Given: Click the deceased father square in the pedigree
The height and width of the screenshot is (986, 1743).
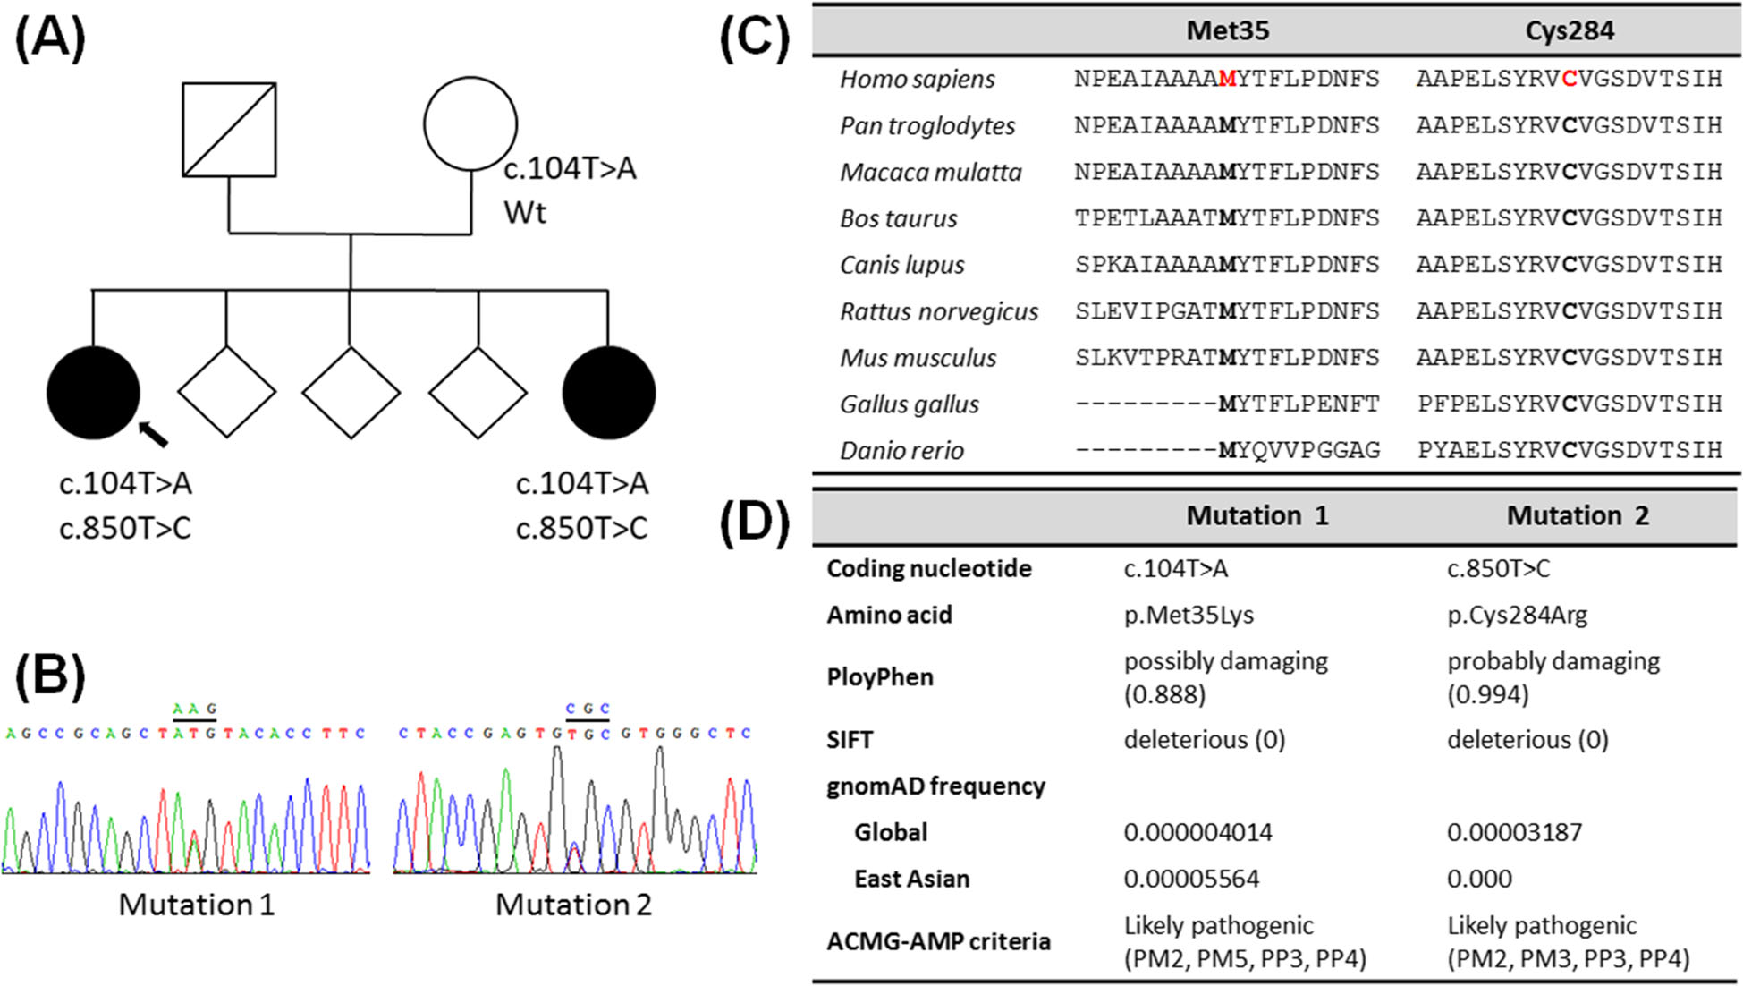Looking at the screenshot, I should pos(229,130).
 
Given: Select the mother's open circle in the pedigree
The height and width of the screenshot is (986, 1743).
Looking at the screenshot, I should pos(470,124).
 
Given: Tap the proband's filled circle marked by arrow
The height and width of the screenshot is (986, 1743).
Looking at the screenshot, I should pos(93,393).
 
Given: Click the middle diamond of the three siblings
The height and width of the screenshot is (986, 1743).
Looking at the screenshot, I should pos(351,393).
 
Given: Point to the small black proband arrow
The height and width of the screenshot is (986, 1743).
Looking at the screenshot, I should pos(153,434).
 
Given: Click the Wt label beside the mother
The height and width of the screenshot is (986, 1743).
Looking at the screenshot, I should pos(525,213).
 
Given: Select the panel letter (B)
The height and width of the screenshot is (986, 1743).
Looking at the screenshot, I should pos(50,676).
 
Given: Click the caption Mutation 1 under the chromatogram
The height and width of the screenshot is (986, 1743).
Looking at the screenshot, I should pos(197,905).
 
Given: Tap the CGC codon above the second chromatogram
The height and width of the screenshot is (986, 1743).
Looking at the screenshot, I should pos(588,709).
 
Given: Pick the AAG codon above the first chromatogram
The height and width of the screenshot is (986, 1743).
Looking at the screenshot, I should pos(195,709).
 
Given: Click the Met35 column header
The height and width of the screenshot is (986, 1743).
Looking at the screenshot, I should pos(1227,31).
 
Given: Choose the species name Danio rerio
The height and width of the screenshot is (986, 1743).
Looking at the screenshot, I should pos(901,450).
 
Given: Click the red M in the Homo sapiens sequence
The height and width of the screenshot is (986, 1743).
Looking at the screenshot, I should pos(1227,79).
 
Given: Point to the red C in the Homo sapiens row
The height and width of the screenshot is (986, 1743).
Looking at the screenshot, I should pos(1569,79).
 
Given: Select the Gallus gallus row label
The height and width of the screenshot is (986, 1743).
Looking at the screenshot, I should pos(910,404).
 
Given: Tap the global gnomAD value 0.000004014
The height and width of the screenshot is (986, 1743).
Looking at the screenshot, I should pos(1197,832).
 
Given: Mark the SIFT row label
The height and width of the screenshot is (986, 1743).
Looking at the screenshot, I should pos(850,740).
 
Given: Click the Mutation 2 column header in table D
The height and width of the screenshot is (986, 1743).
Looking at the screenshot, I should pos(1578,515).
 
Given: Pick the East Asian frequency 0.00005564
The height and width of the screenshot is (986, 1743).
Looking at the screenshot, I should pos(1191,879).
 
